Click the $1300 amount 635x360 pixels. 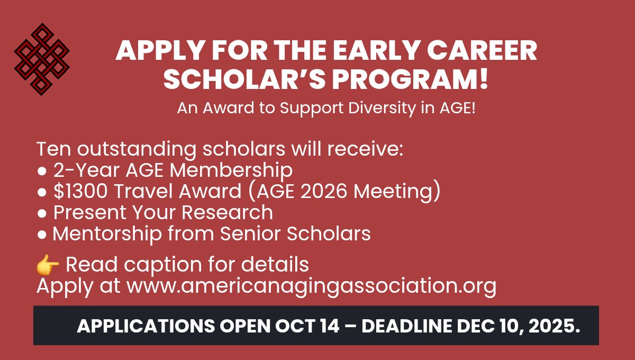click(79, 191)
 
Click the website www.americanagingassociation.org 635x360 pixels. click(312, 286)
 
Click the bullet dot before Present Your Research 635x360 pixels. click(42, 213)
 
